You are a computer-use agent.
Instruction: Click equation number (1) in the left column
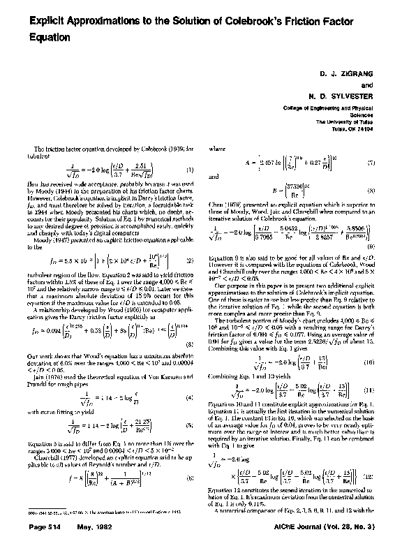[x=189, y=170]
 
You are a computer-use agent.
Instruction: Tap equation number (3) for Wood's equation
[x=189, y=344]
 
